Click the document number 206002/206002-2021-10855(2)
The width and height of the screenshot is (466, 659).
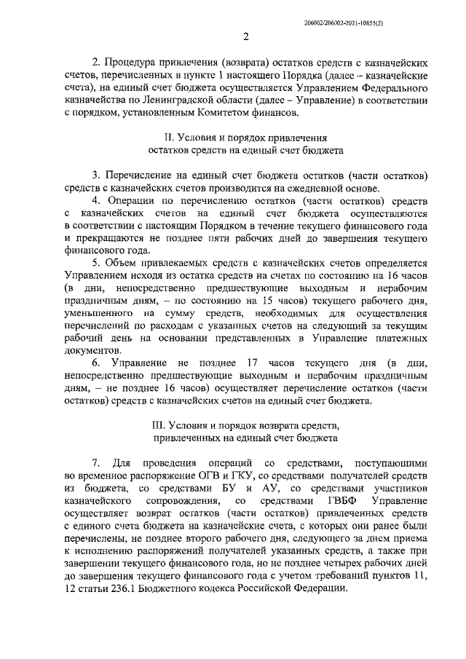click(x=375, y=23)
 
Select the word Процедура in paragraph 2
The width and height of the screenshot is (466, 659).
click(x=137, y=63)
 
